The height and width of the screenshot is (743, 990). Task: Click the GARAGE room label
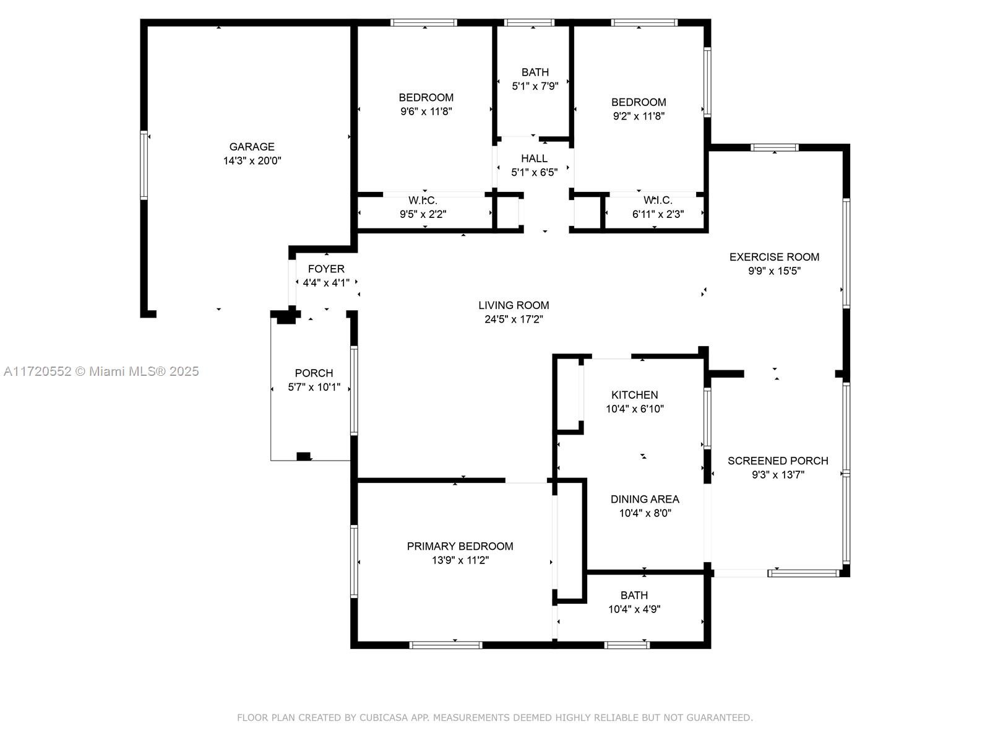tap(252, 147)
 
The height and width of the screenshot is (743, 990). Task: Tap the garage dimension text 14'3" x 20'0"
tap(252, 160)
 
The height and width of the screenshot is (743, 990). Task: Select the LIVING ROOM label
tap(514, 305)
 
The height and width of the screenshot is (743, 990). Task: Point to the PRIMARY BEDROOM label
tap(460, 546)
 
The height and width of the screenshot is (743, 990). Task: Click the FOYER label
tap(326, 269)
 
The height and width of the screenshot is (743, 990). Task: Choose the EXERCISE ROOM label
tap(775, 257)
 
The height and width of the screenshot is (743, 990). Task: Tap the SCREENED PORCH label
tap(778, 461)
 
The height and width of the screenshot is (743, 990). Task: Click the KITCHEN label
tap(635, 395)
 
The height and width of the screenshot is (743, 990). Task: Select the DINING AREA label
tap(645, 500)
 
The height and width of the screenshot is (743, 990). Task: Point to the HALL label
tap(535, 159)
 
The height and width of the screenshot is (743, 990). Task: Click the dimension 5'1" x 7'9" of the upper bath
tap(535, 86)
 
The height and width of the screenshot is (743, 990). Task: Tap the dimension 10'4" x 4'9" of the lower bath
tap(634, 609)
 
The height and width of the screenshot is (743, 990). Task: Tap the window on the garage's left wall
tap(144, 165)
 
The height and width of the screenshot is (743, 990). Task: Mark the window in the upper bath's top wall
tap(529, 22)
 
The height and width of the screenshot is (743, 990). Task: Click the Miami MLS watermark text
tap(101, 371)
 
